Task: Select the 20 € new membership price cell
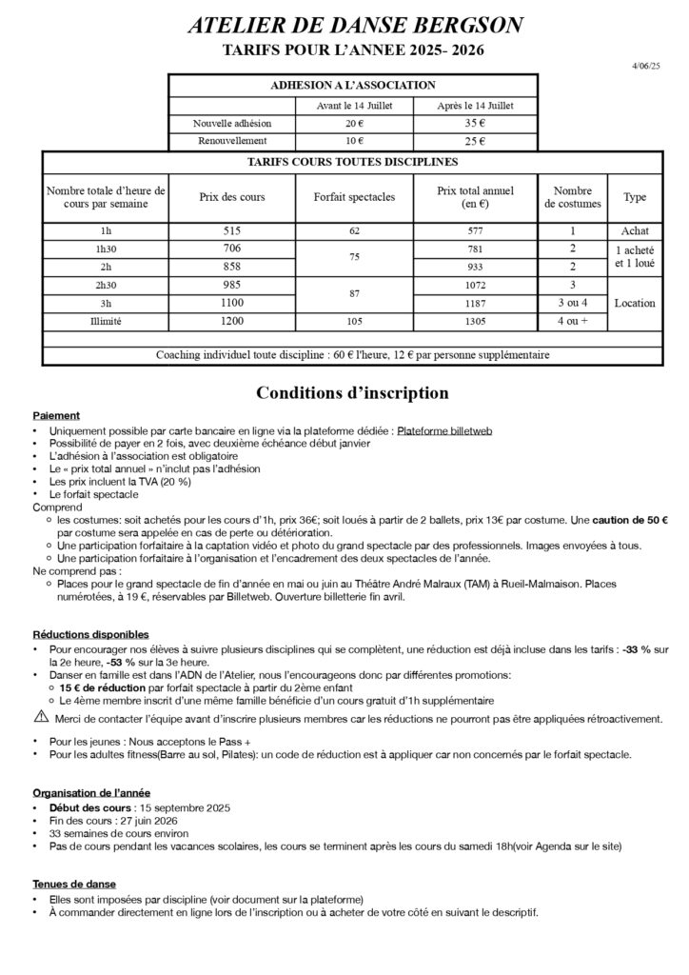click(x=354, y=124)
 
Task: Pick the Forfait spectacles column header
click(x=354, y=197)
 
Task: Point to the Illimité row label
click(x=106, y=322)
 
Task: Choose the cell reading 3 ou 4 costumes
click(x=572, y=303)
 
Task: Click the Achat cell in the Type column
click(x=634, y=230)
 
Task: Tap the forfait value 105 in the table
click(x=354, y=322)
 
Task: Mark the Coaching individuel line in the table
click(x=352, y=355)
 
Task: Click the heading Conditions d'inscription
click(x=352, y=392)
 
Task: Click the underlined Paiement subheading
click(x=56, y=416)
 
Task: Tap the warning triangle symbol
click(x=41, y=716)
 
